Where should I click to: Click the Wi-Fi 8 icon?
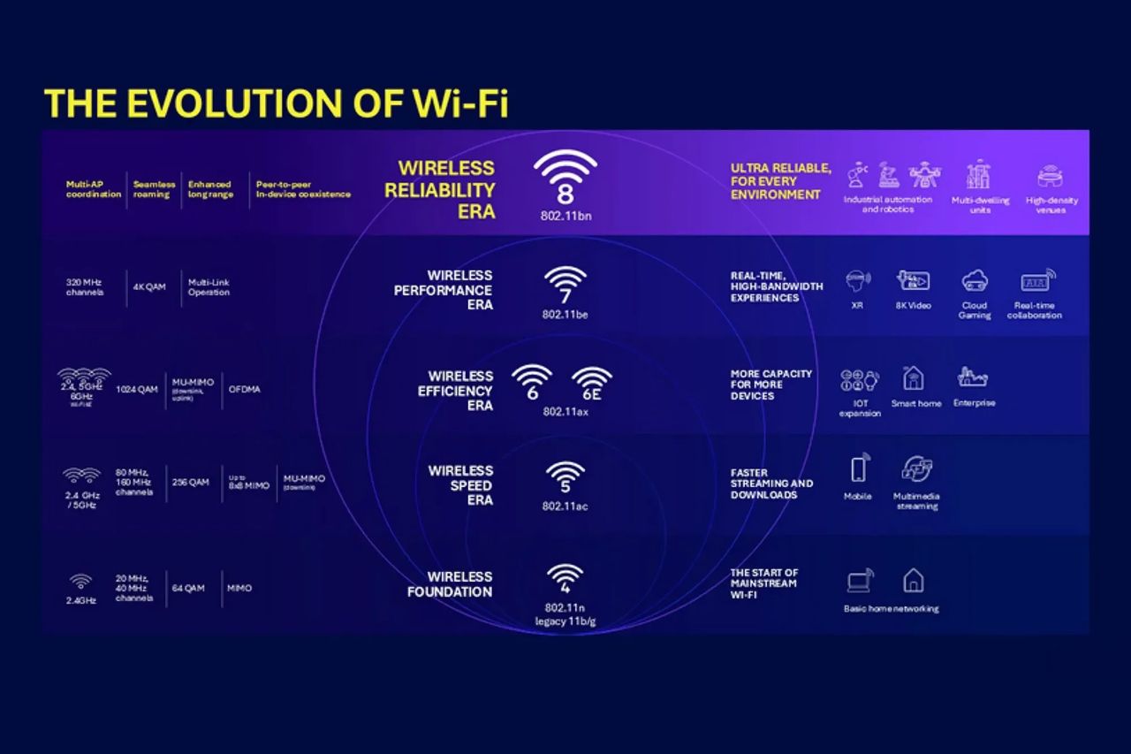tap(565, 177)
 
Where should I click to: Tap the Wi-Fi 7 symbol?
tap(565, 286)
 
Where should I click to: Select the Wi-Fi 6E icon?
tap(591, 384)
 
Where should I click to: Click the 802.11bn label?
tap(565, 215)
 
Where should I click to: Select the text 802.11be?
tap(565, 315)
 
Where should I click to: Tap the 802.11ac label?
tap(565, 506)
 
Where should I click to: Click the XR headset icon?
tap(857, 281)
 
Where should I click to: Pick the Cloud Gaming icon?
tap(975, 281)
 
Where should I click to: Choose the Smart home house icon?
tap(914, 378)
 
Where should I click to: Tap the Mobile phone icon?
tap(858, 468)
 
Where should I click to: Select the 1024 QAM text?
tap(138, 388)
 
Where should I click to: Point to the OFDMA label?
tap(245, 388)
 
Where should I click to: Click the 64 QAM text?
tap(188, 588)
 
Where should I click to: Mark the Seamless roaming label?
tap(154, 189)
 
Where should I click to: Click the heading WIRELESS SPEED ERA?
tap(460, 485)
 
